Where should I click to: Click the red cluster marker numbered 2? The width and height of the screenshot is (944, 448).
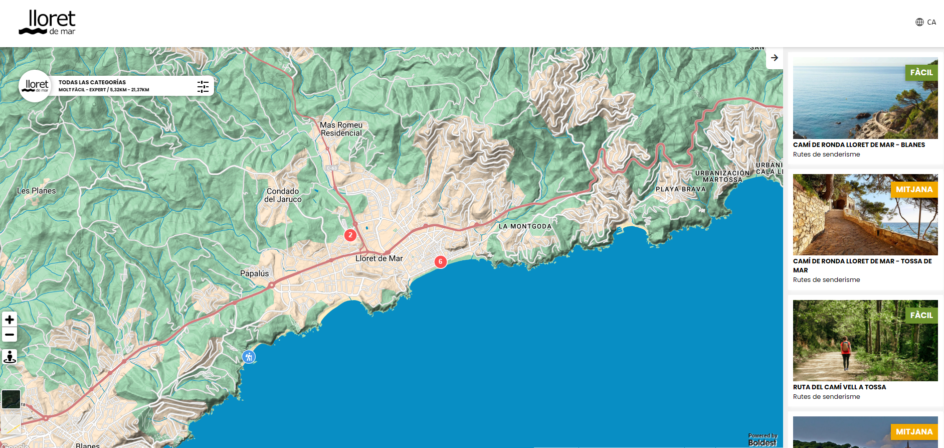[x=350, y=235]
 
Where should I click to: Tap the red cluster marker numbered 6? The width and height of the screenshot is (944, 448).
[x=440, y=261]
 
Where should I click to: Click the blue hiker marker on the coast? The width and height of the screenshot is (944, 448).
[x=249, y=357]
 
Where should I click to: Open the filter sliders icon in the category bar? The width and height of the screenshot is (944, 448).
[x=203, y=86]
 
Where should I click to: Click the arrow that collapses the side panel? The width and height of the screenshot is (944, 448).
[x=775, y=58]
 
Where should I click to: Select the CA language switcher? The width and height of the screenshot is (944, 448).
[x=926, y=22]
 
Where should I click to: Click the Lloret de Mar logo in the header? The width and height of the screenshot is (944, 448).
[x=47, y=23]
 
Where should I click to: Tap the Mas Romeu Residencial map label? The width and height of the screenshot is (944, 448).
[x=341, y=129]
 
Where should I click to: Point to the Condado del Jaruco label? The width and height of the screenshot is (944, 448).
[x=283, y=195]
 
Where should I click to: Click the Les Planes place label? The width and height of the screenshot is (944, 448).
[x=37, y=191]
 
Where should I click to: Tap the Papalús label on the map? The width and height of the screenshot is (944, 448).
[x=254, y=273]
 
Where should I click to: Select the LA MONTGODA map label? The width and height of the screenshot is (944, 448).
[x=525, y=226]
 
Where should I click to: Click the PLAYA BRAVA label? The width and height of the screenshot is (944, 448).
[x=680, y=189]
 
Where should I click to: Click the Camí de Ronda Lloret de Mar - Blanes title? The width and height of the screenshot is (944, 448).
[x=859, y=144]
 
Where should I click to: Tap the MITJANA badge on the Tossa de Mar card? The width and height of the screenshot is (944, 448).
[x=914, y=189]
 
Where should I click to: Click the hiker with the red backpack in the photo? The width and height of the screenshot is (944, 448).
[x=846, y=351]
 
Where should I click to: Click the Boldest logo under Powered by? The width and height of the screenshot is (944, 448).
[x=762, y=442]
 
